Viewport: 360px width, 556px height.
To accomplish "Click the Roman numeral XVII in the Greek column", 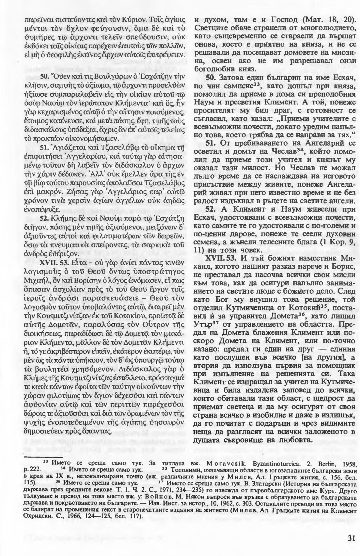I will [48, 263].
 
